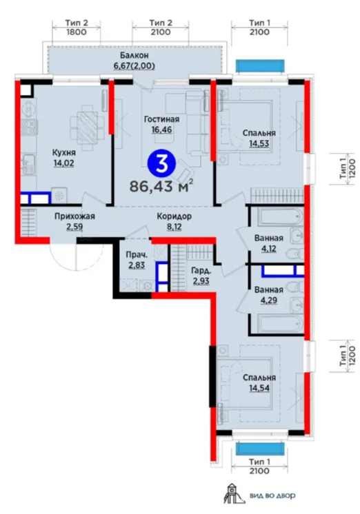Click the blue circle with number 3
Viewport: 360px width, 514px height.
click(x=161, y=165)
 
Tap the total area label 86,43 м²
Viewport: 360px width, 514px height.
click(x=161, y=186)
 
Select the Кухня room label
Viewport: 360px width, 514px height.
click(x=64, y=153)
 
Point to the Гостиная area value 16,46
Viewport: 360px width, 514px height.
click(x=161, y=130)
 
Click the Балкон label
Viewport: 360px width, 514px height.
click(x=134, y=55)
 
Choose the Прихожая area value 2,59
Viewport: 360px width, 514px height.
click(x=74, y=227)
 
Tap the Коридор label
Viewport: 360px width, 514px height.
click(x=174, y=216)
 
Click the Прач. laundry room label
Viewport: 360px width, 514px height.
click(x=137, y=254)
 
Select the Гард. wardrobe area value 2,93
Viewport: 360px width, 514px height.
click(x=201, y=281)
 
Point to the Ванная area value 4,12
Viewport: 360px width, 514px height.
click(x=268, y=248)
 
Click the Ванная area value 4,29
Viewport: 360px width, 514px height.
click(x=268, y=300)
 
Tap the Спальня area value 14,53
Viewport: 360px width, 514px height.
click(x=259, y=143)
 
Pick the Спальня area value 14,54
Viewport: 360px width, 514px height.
click(x=259, y=388)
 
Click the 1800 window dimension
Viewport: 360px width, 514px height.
click(x=76, y=32)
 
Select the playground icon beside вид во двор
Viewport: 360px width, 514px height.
click(x=232, y=494)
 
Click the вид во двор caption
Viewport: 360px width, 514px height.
click(x=272, y=495)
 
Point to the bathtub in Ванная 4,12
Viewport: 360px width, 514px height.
click(x=280, y=216)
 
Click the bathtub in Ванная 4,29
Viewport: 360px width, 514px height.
click(x=280, y=324)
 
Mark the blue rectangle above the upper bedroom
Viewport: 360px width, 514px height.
click(x=260, y=65)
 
